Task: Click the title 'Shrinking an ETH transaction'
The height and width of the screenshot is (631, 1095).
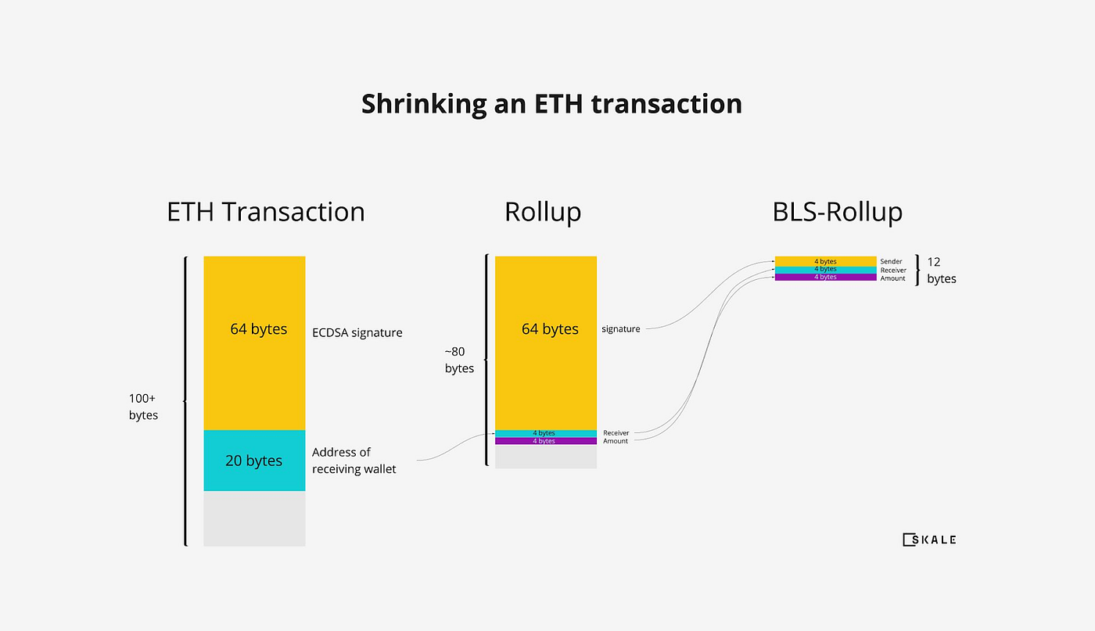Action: tap(551, 104)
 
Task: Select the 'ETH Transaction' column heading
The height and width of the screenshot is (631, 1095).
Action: tap(266, 212)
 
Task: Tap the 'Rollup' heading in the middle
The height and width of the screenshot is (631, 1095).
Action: tap(543, 212)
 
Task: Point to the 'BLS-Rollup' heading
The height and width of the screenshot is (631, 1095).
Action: tap(837, 212)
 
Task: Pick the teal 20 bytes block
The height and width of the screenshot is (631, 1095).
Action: tap(254, 461)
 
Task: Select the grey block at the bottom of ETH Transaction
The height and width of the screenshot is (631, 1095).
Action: tap(254, 518)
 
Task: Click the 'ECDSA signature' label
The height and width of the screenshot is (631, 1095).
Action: tap(357, 332)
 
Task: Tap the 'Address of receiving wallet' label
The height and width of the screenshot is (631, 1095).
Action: tap(354, 461)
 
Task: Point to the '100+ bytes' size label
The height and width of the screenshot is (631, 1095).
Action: tap(144, 407)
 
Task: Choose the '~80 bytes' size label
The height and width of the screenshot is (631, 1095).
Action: tap(459, 360)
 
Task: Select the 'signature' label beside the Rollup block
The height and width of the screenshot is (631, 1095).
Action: tap(620, 329)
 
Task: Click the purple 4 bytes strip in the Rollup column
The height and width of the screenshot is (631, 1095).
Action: tap(545, 441)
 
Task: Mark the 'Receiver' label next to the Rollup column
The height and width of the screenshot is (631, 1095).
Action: tap(616, 433)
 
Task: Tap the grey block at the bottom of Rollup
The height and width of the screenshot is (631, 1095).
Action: tap(545, 457)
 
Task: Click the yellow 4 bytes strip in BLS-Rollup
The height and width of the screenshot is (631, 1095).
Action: tap(825, 261)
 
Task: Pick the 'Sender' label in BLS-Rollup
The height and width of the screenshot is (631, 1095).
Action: tap(891, 262)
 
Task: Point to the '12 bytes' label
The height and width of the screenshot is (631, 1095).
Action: tap(941, 271)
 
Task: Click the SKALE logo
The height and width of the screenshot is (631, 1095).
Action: tap(929, 540)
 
